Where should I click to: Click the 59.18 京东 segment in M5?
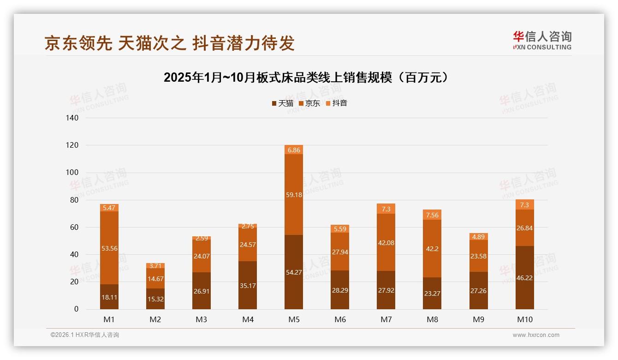pyautogui.click(x=294, y=195)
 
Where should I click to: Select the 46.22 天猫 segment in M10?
pyautogui.click(x=524, y=277)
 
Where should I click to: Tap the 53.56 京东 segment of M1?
pyautogui.click(x=109, y=248)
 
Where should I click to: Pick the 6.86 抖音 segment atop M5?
pyautogui.click(x=294, y=150)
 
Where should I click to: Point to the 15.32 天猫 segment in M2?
pyautogui.click(x=155, y=299)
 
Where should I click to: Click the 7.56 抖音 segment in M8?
pyautogui.click(x=432, y=215)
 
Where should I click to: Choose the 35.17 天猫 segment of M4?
pyautogui.click(x=248, y=285)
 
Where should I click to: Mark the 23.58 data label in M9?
pyautogui.click(x=478, y=256)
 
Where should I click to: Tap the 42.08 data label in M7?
pyautogui.click(x=386, y=243)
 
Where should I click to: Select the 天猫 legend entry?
pyautogui.click(x=282, y=103)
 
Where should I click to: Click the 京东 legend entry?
pyautogui.click(x=309, y=103)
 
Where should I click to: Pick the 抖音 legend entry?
pyautogui.click(x=337, y=103)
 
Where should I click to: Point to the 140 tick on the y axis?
pyautogui.click(x=73, y=118)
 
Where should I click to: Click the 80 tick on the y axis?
pyautogui.click(x=74, y=200)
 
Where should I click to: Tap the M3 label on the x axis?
pyautogui.click(x=202, y=319)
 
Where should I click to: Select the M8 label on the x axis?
pyautogui.click(x=432, y=319)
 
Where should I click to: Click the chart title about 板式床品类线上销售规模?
pyautogui.click(x=306, y=78)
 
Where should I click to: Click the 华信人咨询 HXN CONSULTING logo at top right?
pyautogui.click(x=542, y=41)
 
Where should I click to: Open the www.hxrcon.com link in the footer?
pyautogui.click(x=536, y=335)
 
